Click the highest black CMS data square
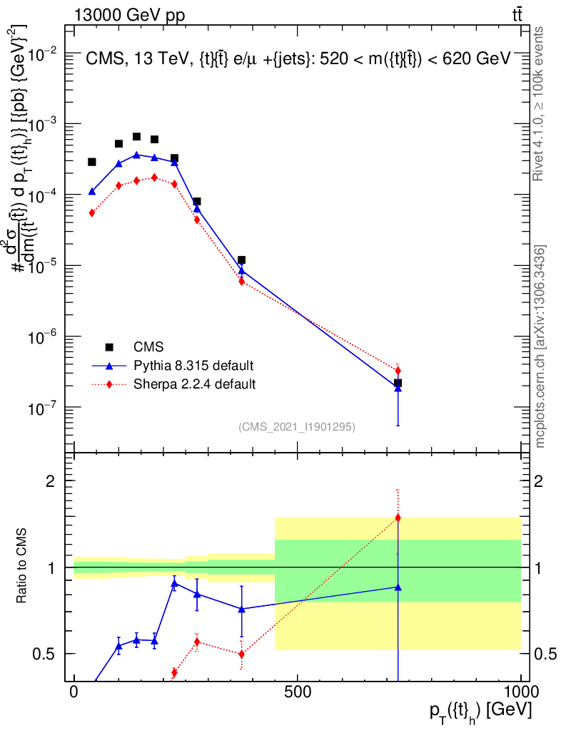[x=136, y=136]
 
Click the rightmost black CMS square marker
[x=398, y=383]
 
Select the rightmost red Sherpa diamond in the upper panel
[x=398, y=371]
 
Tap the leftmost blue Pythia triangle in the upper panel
[x=92, y=191]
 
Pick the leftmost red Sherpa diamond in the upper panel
[x=92, y=212]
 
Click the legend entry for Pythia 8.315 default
[x=193, y=366]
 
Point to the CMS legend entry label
[x=149, y=347]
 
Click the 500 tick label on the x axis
[x=297, y=692]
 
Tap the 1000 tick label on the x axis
[x=520, y=692]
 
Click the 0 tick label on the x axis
[x=74, y=692]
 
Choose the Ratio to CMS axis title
[x=22, y=567]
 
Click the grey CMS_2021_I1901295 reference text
[x=297, y=426]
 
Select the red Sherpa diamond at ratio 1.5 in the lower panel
[x=398, y=518]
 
